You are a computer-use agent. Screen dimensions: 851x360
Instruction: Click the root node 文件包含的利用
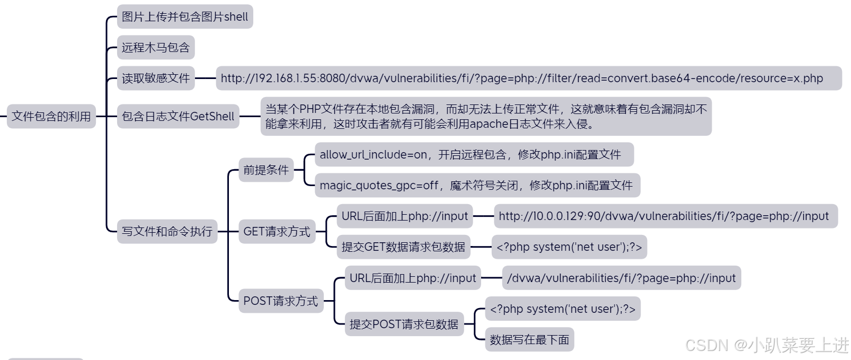[51, 116]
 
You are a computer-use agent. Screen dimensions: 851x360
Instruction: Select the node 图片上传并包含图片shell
[184, 16]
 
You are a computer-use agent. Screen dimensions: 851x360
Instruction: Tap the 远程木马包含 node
[155, 47]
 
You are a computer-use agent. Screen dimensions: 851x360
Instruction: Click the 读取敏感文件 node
[155, 78]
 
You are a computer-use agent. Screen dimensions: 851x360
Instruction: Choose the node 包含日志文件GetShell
[178, 116]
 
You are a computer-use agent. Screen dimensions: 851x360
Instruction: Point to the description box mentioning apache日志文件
[485, 116]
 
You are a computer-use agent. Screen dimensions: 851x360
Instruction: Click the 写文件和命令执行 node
[167, 231]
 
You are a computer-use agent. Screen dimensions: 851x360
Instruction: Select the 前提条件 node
[265, 170]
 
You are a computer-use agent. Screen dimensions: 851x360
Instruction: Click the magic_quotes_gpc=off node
[477, 185]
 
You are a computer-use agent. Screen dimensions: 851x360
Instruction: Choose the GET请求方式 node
[277, 231]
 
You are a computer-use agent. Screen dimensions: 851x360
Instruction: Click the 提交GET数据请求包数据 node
[403, 247]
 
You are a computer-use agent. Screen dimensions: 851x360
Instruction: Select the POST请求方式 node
[280, 301]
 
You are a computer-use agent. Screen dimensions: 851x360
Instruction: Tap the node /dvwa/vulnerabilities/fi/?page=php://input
[621, 278]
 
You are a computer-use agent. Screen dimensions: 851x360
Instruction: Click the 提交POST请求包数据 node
[404, 324]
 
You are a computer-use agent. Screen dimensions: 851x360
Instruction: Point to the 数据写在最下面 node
[529, 339]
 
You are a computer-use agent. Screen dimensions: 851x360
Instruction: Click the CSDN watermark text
[766, 345]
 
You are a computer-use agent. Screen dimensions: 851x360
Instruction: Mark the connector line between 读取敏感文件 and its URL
[205, 78]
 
